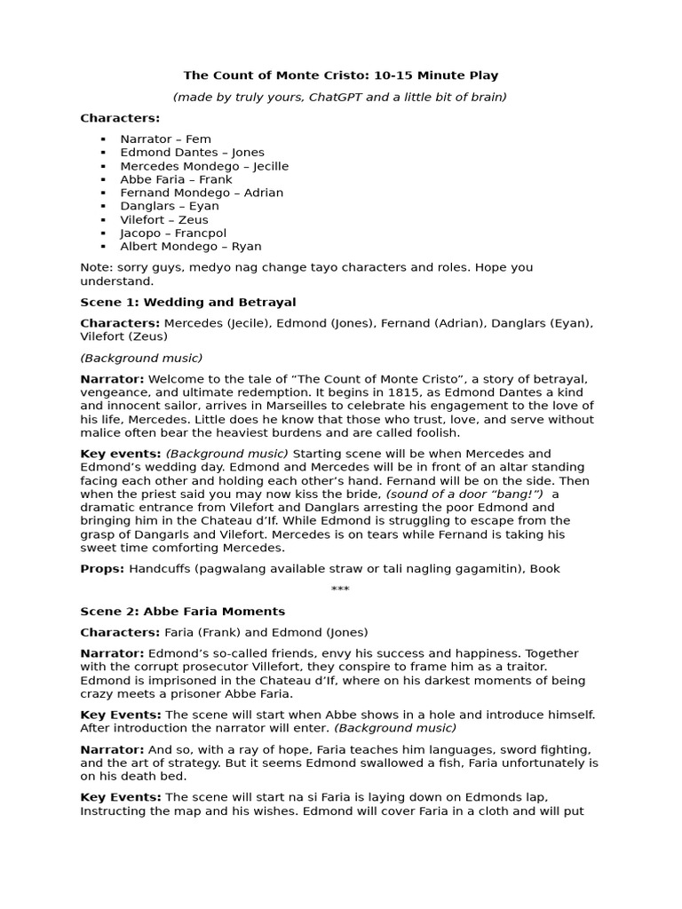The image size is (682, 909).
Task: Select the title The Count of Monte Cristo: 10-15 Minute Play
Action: point(341,75)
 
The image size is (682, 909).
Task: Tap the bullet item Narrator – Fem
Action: point(165,139)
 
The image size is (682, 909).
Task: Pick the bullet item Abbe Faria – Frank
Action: point(176,179)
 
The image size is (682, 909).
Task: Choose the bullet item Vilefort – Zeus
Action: point(164,219)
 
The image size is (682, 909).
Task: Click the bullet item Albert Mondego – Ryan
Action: point(190,246)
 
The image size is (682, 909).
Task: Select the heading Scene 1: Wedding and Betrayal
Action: point(188,302)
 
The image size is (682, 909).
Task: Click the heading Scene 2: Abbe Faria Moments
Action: point(182,612)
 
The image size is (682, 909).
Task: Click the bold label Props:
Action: point(102,569)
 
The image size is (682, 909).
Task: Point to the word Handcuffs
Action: point(160,569)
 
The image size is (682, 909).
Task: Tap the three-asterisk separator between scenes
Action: point(340,590)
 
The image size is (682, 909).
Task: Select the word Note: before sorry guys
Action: point(96,267)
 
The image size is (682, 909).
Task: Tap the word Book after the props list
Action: point(544,569)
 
